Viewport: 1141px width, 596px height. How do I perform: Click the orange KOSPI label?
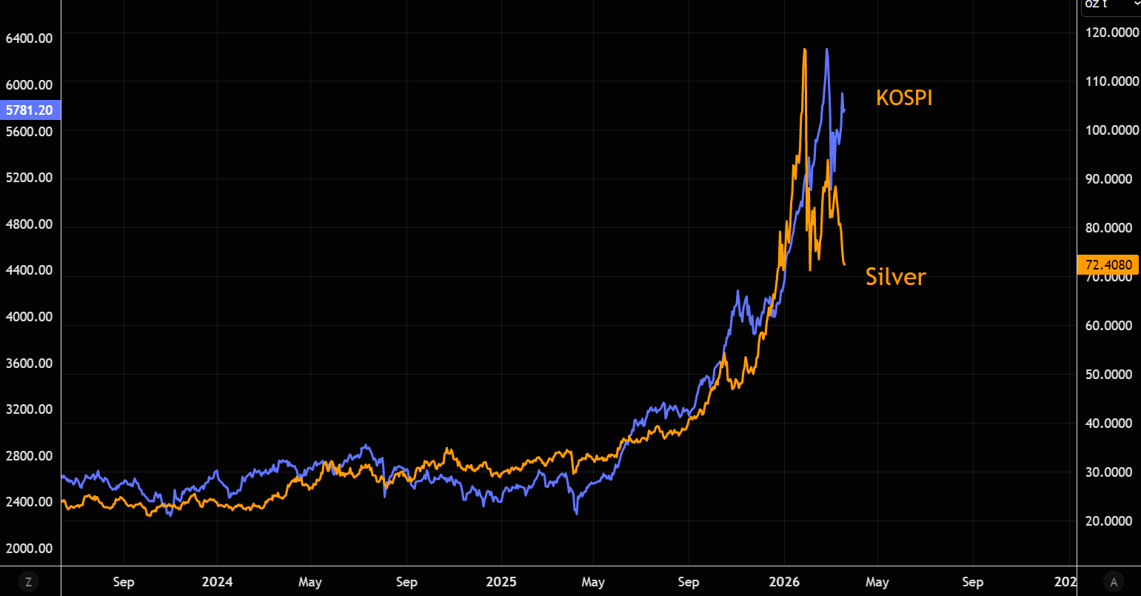click(x=903, y=98)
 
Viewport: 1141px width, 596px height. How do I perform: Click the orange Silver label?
click(x=895, y=277)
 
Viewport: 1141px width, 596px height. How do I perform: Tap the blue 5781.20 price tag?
click(x=29, y=110)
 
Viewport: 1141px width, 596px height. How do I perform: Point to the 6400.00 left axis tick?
click(x=29, y=38)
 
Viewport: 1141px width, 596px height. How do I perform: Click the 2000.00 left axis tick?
click(x=29, y=549)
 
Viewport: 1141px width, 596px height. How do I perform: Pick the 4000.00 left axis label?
click(x=29, y=317)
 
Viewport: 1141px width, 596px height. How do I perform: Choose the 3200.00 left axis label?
click(x=29, y=409)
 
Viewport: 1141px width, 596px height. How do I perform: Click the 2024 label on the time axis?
click(x=217, y=582)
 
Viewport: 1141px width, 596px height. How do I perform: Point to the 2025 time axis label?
click(x=501, y=582)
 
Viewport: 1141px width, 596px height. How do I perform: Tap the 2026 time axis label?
click(x=784, y=582)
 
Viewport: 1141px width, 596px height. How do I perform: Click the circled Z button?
click(x=28, y=582)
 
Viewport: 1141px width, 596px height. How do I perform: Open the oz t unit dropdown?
click(x=1111, y=4)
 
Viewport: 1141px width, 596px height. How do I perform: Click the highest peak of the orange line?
click(x=805, y=50)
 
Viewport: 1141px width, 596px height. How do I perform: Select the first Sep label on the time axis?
click(x=123, y=582)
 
